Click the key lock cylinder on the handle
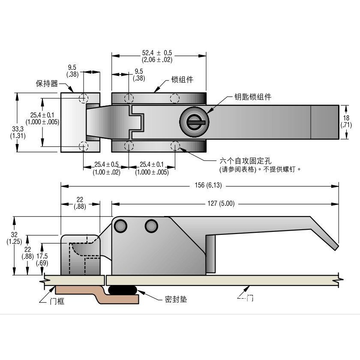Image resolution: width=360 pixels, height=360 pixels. tap(194, 122)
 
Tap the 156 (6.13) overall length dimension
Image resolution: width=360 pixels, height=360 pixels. tap(208, 185)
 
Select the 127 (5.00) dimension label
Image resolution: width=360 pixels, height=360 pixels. tap(221, 204)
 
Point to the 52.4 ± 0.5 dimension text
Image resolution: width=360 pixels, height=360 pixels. tap(157, 53)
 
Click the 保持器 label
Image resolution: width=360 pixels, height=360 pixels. tap(47, 83)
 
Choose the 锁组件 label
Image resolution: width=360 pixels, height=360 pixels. tap(182, 79)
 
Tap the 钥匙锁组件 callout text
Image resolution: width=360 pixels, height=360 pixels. tap(253, 97)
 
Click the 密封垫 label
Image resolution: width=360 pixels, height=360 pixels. tap(176, 299)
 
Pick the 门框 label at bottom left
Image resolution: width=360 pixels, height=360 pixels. tap(57, 301)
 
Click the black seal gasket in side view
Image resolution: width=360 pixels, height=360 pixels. tap(123, 290)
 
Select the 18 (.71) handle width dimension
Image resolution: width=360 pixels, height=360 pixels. tap(346, 121)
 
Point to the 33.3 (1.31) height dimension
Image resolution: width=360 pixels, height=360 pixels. tap(18, 132)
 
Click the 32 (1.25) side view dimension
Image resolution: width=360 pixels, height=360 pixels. tap(14, 238)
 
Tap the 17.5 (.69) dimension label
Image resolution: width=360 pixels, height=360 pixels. tap(42, 259)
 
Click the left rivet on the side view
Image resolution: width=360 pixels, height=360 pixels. tap(120, 226)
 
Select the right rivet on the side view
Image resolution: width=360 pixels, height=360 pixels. tap(151, 226)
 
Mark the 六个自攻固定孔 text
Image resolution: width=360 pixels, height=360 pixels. tap(245, 160)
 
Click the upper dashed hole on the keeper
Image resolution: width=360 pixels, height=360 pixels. tap(83, 98)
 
